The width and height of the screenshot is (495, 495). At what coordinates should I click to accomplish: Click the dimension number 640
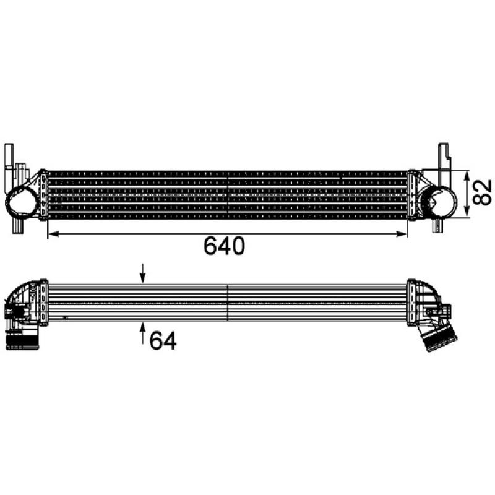click(225, 247)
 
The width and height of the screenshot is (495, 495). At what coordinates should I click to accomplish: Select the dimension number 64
click(162, 340)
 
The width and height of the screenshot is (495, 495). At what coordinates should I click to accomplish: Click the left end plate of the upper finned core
click(43, 194)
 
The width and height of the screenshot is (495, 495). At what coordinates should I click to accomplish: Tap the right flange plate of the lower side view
click(411, 302)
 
